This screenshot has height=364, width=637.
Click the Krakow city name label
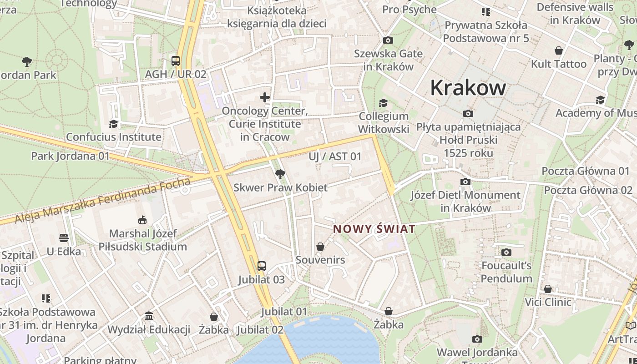pos(468,87)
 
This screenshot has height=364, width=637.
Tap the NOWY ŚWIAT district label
pos(374,229)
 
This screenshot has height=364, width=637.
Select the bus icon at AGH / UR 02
pos(175,61)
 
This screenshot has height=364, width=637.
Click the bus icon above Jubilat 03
pos(261,266)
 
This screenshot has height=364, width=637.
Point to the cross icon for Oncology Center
pos(265,97)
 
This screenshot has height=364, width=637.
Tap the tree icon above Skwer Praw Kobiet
pos(280,174)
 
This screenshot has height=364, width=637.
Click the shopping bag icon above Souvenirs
pos(320,247)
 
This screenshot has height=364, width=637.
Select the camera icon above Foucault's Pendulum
pos(506,252)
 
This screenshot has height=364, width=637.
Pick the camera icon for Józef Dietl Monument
pos(465,182)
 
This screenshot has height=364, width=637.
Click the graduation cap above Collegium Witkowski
pos(383,103)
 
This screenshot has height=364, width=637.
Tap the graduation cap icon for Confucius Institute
pos(113,124)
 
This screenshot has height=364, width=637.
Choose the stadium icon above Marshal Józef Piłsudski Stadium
pos(142,220)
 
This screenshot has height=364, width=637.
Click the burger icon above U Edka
pos(64,238)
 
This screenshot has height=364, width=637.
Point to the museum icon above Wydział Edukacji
pos(148,316)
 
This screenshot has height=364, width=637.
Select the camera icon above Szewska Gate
pos(388,40)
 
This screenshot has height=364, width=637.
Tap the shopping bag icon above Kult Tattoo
pos(558,51)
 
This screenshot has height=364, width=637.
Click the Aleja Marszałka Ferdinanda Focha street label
pos(103,200)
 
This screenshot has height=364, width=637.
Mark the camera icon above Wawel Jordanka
pos(477,339)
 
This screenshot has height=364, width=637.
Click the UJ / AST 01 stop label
pos(335,157)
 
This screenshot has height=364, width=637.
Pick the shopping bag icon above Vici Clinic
pos(548,289)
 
